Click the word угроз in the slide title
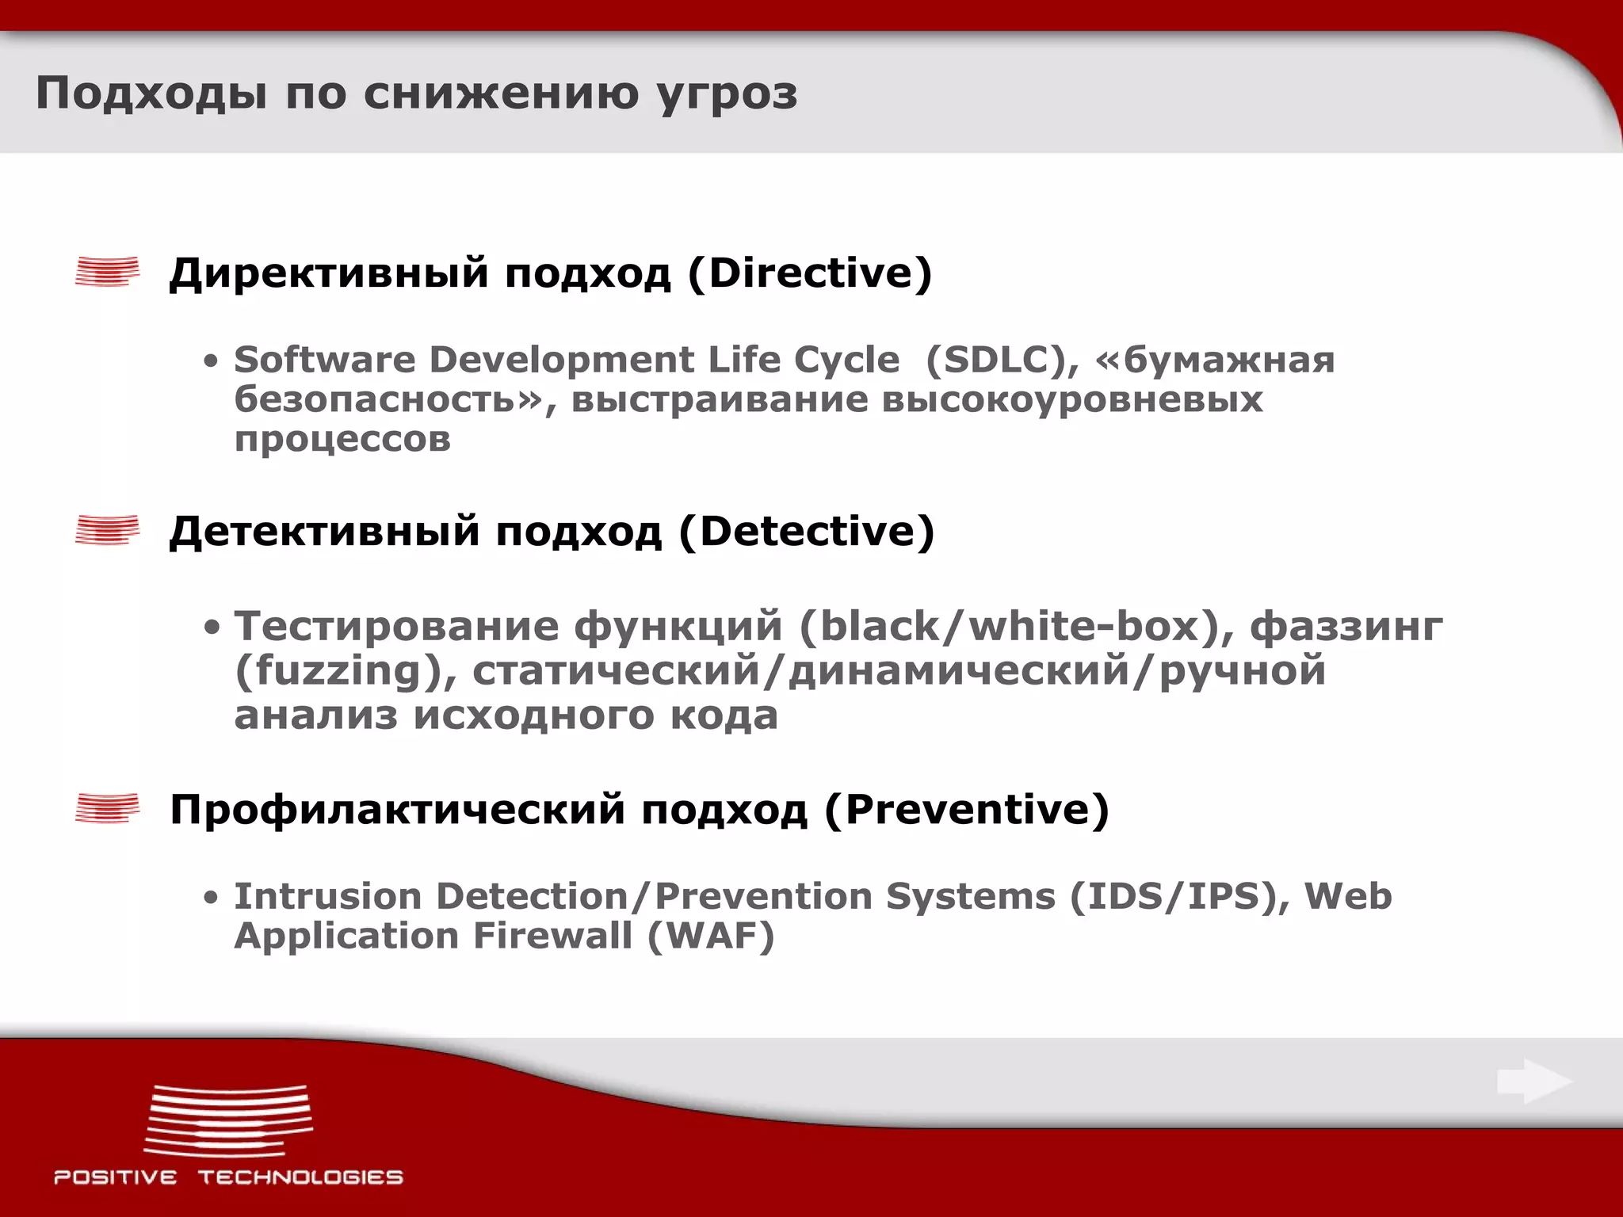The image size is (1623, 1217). click(x=727, y=94)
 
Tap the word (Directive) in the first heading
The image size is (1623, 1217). click(x=810, y=273)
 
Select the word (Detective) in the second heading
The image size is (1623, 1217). click(x=807, y=532)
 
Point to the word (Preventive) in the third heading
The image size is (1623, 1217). click(x=966, y=810)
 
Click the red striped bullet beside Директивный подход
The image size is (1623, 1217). click(x=107, y=272)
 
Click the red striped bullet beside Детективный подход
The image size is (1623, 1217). click(x=107, y=530)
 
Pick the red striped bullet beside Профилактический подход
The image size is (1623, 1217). click(x=107, y=808)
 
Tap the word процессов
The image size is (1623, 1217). click(x=342, y=440)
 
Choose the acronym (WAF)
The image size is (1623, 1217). click(x=710, y=937)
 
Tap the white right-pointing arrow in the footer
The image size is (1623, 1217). click(x=1533, y=1082)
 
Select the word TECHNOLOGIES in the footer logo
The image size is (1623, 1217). click(x=300, y=1177)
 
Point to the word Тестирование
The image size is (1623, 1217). click(x=396, y=627)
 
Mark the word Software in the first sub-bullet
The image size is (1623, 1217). click(x=324, y=361)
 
